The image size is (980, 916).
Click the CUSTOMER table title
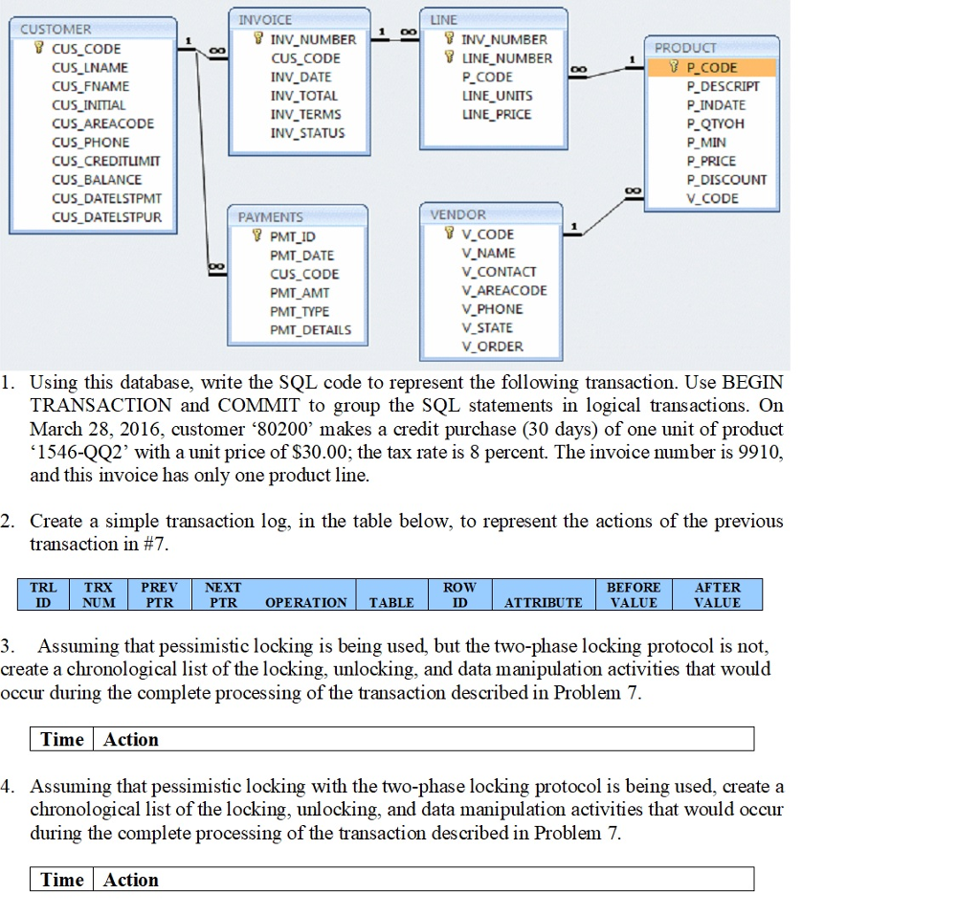(56, 30)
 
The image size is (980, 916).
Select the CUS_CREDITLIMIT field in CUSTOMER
(106, 162)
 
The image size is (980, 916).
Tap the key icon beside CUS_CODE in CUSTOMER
(38, 48)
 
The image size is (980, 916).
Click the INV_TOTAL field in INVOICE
(303, 96)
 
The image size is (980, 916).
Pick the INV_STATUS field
(307, 133)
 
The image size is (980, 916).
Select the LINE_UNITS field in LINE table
(498, 96)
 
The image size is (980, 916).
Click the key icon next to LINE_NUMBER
(449, 56)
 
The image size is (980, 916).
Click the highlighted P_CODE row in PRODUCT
(712, 68)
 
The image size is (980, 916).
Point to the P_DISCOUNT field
(727, 180)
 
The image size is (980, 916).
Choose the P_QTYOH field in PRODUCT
(716, 123)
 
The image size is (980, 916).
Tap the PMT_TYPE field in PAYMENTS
(300, 311)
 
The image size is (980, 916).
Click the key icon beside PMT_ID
(256, 235)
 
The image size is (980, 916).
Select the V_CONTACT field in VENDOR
(500, 272)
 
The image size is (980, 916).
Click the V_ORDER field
(493, 346)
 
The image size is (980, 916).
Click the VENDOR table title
(457, 214)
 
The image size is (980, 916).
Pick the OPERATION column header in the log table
(305, 603)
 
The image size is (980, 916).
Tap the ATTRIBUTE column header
(544, 603)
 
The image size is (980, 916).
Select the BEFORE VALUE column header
(634, 594)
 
